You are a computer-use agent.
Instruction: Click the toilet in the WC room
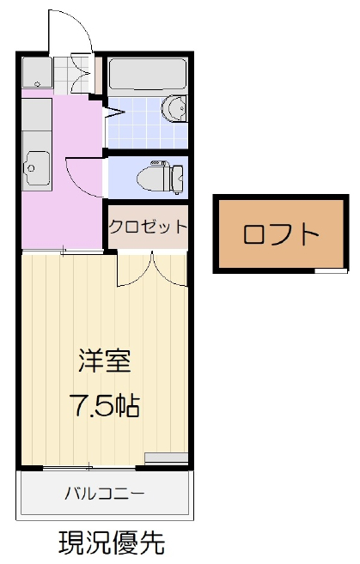[x=161, y=177]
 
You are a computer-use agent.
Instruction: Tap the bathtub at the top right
[x=147, y=73]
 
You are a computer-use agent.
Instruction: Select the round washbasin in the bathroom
[x=174, y=109]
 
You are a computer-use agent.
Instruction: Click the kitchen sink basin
[x=36, y=167]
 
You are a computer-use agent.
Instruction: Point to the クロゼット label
[x=148, y=227]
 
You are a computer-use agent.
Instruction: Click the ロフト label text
[x=281, y=234]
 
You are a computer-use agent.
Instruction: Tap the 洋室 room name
[x=105, y=361]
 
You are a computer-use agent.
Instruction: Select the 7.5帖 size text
[x=105, y=405]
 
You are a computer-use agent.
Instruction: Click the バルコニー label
[x=105, y=493]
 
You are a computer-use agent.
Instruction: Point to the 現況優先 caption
[x=112, y=543]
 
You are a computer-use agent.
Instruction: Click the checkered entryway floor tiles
[x=71, y=75]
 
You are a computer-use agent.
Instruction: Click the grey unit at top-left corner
[x=37, y=73]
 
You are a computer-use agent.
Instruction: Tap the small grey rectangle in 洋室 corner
[x=167, y=458]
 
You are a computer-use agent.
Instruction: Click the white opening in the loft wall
[x=331, y=270]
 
